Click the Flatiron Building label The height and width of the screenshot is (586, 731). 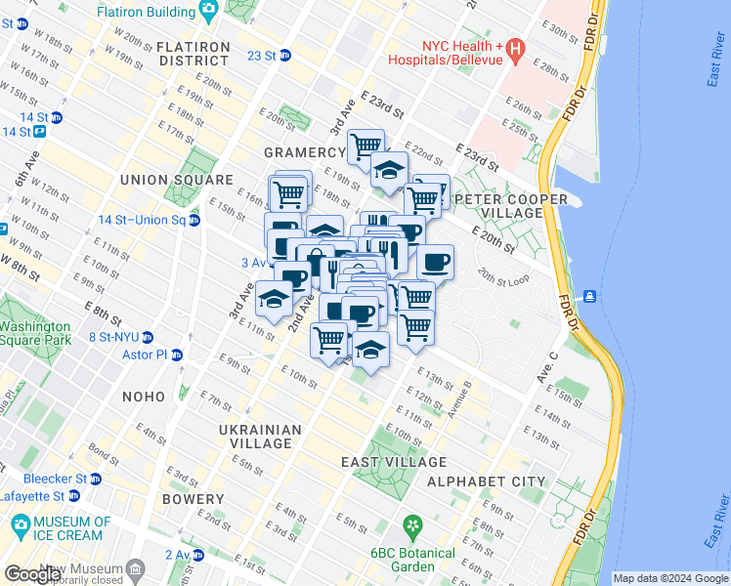(150, 11)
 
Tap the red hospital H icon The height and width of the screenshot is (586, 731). (515, 47)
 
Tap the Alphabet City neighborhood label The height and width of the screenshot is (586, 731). (486, 481)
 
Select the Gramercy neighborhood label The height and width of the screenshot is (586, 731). (305, 152)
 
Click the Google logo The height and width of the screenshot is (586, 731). (32, 573)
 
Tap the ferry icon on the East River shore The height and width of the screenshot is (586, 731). (590, 295)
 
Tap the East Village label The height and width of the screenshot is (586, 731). (394, 462)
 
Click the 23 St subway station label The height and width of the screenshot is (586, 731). (262, 56)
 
